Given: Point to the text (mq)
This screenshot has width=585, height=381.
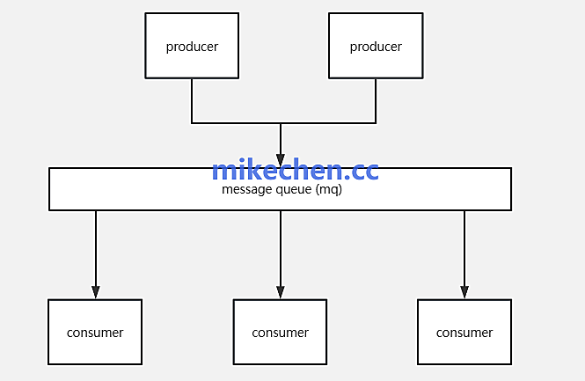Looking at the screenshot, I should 328,189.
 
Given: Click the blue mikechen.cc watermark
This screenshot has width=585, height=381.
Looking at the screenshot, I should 295,170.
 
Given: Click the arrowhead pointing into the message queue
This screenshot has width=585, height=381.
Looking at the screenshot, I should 281,161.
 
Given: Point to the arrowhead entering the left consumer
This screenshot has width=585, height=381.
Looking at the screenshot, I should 96,292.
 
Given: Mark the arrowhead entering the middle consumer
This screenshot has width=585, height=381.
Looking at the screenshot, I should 281,292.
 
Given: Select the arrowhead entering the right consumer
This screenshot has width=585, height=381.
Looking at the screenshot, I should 464,292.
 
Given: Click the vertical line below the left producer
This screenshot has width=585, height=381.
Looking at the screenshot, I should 192,100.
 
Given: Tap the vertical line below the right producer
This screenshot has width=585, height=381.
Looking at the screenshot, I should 376,100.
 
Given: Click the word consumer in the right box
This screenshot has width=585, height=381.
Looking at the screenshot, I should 464,333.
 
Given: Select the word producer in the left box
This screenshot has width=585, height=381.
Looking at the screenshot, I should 192,47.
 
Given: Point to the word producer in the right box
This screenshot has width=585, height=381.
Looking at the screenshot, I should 376,47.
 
